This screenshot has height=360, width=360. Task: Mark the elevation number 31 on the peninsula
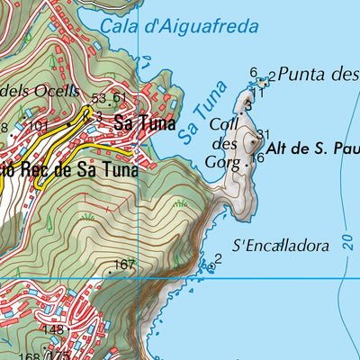(263, 135)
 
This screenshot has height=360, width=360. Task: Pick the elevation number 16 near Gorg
(257, 157)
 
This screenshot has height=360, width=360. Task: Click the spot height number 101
(38, 126)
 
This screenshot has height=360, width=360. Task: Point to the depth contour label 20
(347, 243)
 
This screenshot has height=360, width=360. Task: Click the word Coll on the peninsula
(222, 125)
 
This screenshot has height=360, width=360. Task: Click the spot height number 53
(99, 98)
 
